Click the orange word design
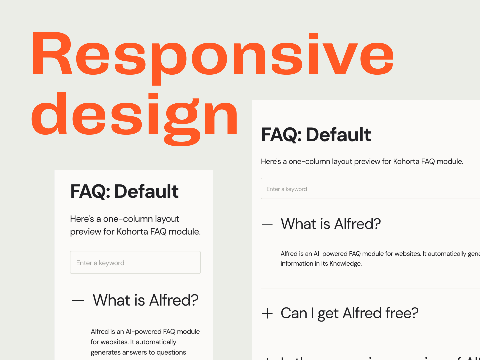point(135,115)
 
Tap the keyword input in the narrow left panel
point(135,263)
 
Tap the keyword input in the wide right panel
point(370,189)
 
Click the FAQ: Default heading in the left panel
point(124,191)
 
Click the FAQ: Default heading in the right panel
point(316,135)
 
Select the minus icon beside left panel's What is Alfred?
point(78,300)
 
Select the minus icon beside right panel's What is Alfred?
point(267,224)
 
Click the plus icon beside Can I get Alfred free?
point(267,314)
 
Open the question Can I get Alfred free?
point(349,313)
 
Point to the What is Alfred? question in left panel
point(146,300)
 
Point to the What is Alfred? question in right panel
point(331,224)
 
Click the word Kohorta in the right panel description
point(406,162)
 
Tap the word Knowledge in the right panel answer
point(345,264)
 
